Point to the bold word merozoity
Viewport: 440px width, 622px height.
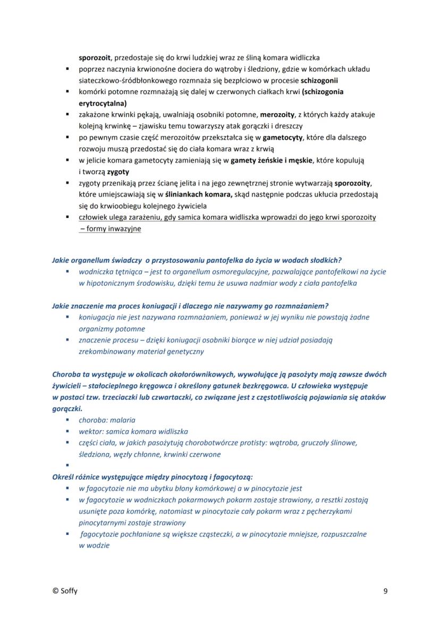(x=277, y=114)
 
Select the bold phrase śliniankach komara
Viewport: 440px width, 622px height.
(x=199, y=194)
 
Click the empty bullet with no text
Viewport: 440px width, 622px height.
(x=69, y=466)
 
